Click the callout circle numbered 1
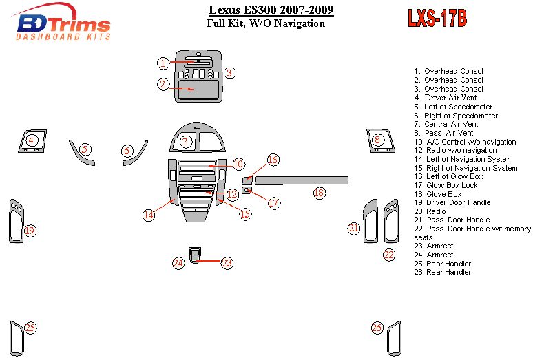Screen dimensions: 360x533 (163, 63)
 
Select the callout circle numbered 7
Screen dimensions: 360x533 (185, 142)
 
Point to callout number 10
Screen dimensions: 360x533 (238, 164)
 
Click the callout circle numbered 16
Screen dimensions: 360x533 (273, 160)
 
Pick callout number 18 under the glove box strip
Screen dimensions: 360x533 (319, 193)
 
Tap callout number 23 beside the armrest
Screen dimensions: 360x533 (227, 263)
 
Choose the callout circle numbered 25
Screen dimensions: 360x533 (30, 328)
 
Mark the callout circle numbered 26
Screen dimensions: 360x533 (377, 328)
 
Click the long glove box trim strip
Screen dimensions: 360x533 (302, 180)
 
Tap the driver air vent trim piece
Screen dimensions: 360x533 (32, 141)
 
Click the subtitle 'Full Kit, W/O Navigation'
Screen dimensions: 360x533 (265, 23)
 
